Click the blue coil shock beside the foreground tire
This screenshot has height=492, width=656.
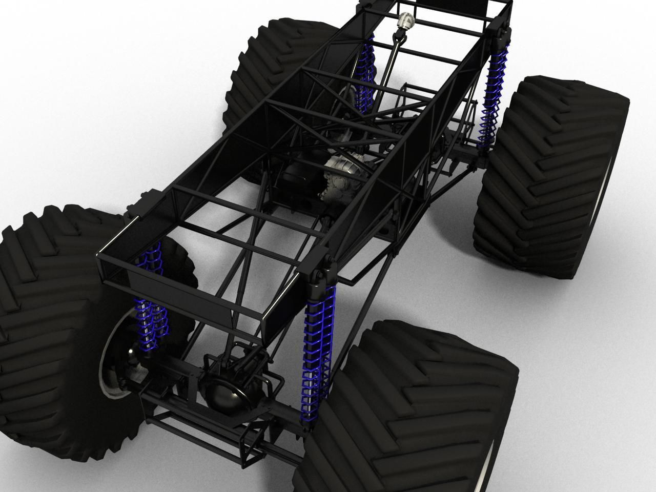click(317, 354)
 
